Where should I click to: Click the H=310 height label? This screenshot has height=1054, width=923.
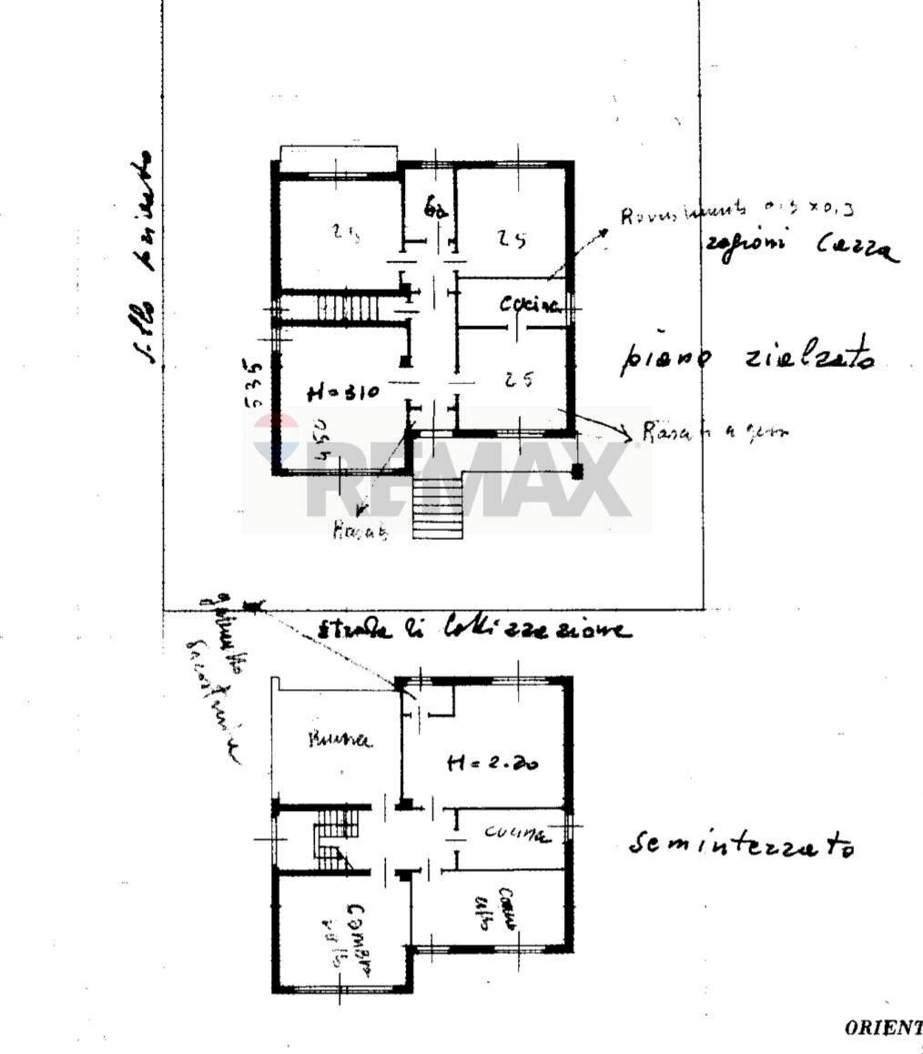(341, 393)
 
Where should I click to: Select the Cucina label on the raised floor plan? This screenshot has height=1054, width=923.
(528, 306)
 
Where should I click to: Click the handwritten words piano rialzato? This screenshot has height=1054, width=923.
(746, 359)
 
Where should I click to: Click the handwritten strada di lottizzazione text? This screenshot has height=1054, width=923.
(473, 629)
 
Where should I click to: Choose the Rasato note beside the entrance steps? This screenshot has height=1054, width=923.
(360, 533)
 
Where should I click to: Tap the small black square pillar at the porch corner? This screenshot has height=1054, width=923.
(576, 471)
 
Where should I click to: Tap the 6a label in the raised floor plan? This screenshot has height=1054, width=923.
(435, 211)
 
